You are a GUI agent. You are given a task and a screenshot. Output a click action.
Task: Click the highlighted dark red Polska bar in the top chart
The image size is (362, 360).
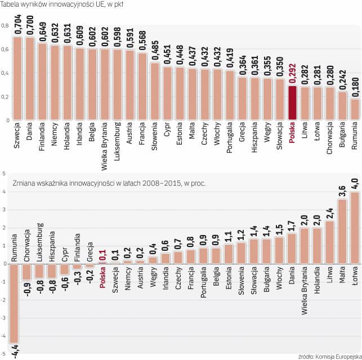[x=292, y=102]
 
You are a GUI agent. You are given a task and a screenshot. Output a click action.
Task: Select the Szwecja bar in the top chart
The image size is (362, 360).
[x=17, y=78]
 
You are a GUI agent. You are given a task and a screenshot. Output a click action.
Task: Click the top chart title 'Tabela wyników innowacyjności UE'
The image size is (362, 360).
[x=62, y=5]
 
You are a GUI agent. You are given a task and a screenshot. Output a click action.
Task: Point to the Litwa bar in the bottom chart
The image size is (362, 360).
[x=329, y=242]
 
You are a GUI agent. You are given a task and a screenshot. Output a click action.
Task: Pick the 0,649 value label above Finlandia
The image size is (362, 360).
[x=42, y=29]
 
